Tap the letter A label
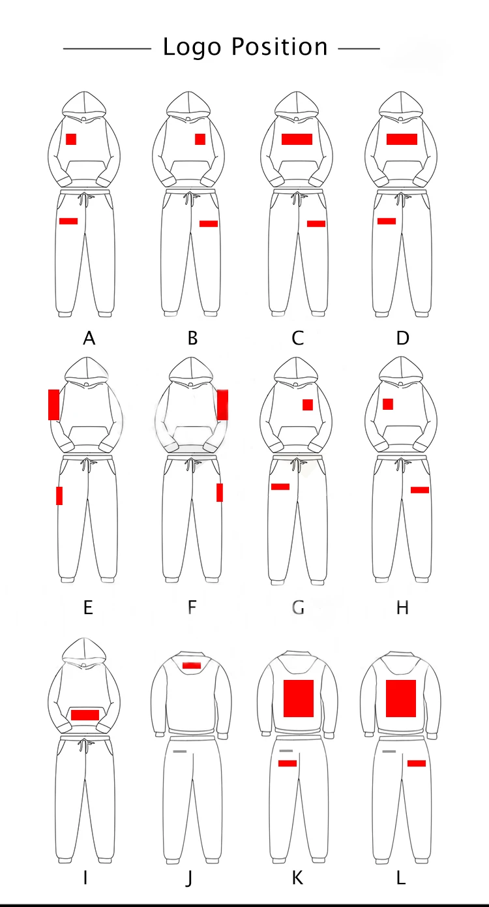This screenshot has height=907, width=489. (x=89, y=338)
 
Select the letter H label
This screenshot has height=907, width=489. (x=402, y=607)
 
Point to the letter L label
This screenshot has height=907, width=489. (x=401, y=878)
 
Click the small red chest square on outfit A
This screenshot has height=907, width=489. (x=71, y=139)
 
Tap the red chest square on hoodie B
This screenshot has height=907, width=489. (x=200, y=139)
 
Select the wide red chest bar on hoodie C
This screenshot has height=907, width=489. (x=297, y=139)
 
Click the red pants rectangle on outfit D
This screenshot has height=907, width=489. (x=387, y=221)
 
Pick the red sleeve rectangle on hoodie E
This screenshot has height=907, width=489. (x=54, y=405)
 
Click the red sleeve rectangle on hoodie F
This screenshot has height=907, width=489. (x=222, y=405)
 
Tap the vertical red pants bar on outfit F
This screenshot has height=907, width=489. (x=220, y=493)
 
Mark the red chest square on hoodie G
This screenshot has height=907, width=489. (x=308, y=405)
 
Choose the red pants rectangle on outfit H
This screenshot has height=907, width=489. (x=420, y=489)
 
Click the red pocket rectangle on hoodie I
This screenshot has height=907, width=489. (x=85, y=715)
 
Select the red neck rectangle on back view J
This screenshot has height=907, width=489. (x=192, y=666)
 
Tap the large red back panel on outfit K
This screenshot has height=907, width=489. (x=299, y=698)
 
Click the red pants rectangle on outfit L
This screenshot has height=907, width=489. (x=417, y=763)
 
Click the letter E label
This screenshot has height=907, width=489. (x=88, y=607)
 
